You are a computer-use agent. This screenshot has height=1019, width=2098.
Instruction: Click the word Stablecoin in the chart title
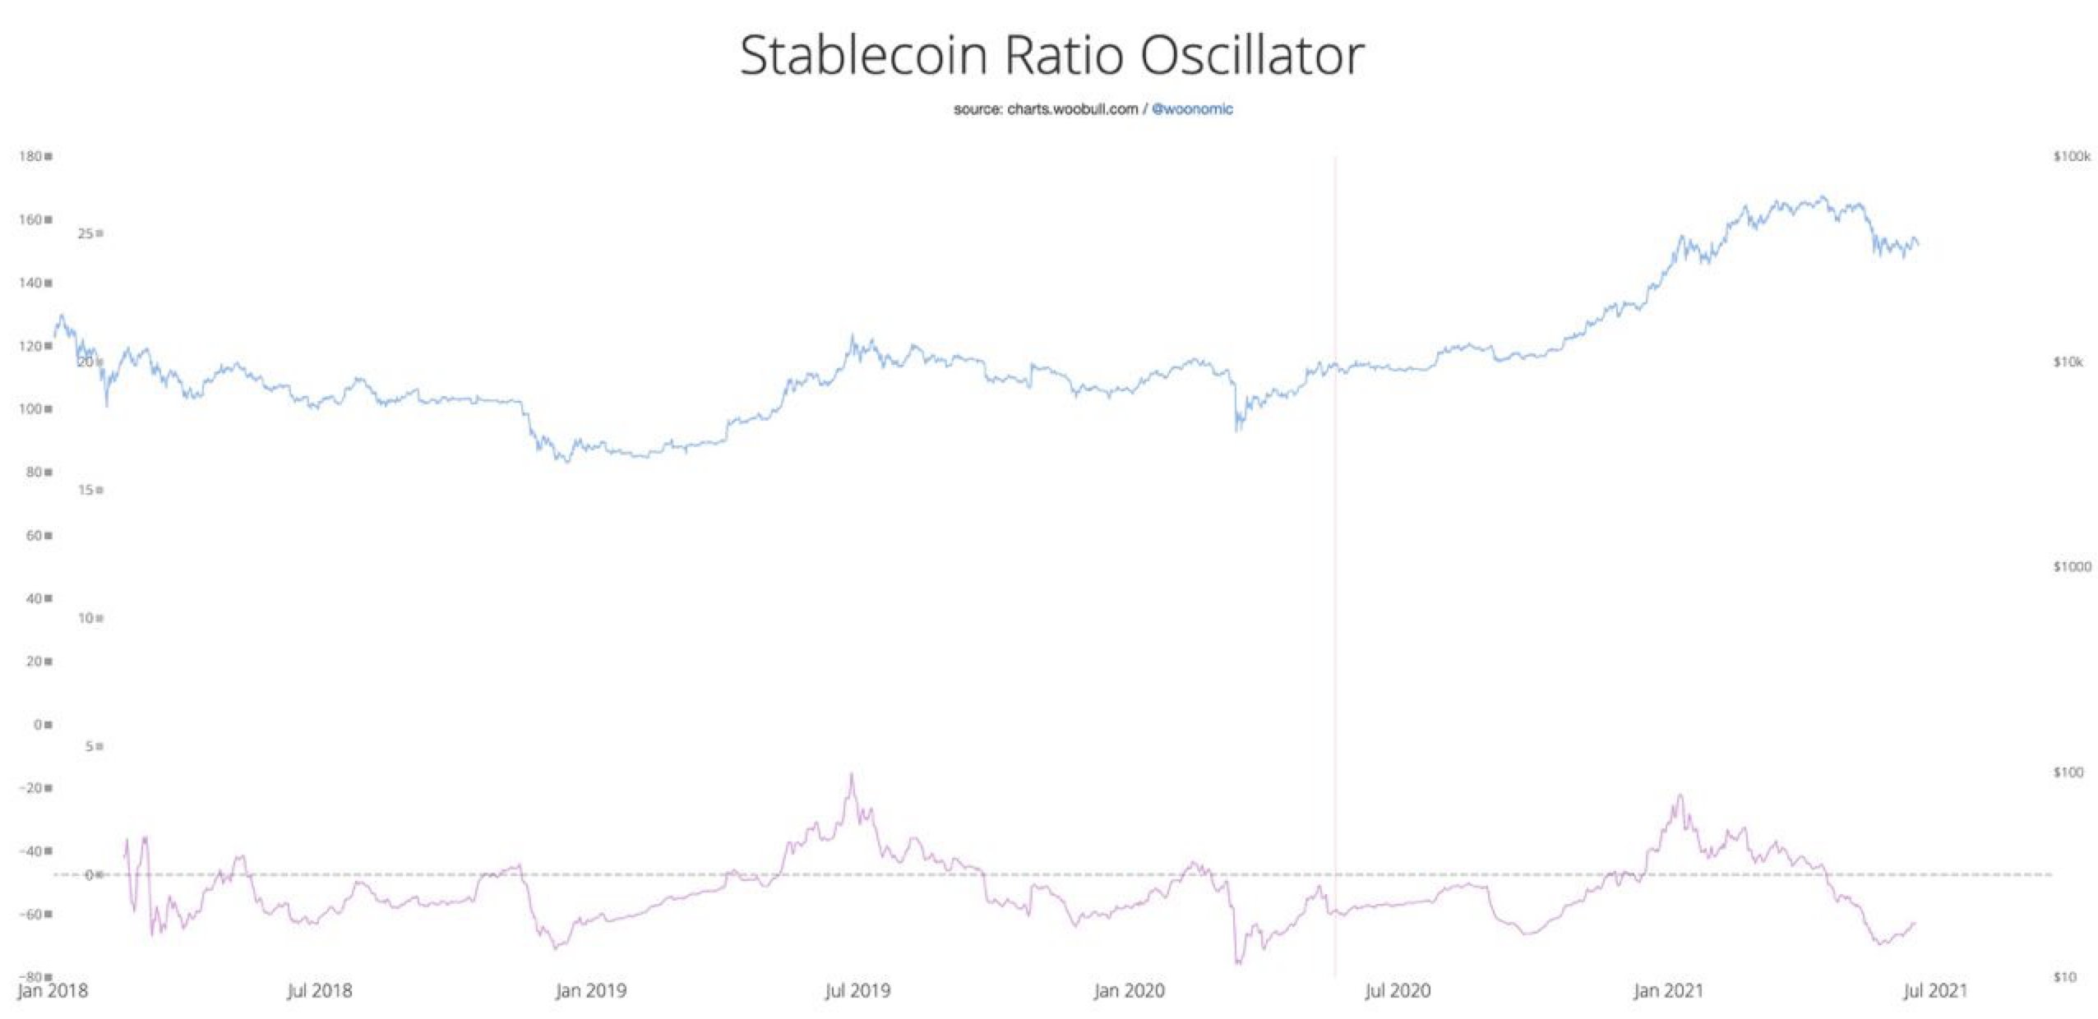(862, 56)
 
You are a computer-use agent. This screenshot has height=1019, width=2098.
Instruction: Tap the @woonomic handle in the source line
(1192, 109)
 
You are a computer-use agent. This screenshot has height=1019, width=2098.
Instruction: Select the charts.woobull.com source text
(1072, 109)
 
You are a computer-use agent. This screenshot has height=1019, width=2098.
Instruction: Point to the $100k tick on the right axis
(2071, 156)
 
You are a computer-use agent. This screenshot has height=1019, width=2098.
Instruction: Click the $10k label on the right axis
(2068, 362)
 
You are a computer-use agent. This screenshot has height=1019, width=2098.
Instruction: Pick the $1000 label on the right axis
(2071, 566)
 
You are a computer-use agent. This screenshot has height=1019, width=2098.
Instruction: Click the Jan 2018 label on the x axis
(53, 990)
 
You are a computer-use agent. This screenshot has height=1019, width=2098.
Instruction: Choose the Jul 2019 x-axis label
(857, 990)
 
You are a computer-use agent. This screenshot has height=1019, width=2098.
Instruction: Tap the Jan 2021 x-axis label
(1666, 990)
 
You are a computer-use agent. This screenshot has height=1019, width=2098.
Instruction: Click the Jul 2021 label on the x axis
(1934, 990)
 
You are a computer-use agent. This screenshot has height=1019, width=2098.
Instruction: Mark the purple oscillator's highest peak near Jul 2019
(852, 774)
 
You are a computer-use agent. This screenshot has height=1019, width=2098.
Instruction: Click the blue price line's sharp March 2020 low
(1237, 429)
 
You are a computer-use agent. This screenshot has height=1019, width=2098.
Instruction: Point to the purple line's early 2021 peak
(1680, 795)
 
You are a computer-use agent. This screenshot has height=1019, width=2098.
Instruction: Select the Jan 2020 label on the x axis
(1129, 990)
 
